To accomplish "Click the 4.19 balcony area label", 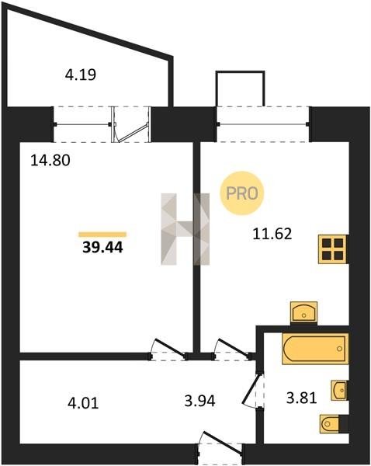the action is (x=81, y=75).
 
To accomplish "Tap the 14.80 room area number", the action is (x=50, y=161).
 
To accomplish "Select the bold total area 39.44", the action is (x=102, y=247).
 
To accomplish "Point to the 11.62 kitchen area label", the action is (x=272, y=234).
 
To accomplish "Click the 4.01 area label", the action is (x=83, y=403).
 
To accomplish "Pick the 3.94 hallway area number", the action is (x=199, y=402).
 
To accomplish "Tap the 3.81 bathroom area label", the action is (x=301, y=398).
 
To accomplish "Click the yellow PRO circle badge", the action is (x=242, y=193).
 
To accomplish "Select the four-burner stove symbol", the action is (x=332, y=249).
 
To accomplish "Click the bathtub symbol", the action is (x=315, y=349).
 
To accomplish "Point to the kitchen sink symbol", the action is (x=303, y=312).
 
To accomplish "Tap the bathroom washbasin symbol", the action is (x=339, y=390).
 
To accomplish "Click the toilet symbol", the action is (x=330, y=423).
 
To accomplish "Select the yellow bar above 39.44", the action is (x=102, y=235).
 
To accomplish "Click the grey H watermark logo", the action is (x=185, y=229).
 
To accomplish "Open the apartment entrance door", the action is (x=220, y=443).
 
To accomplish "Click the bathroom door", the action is (x=253, y=391).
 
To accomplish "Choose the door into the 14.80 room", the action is (x=168, y=349).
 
